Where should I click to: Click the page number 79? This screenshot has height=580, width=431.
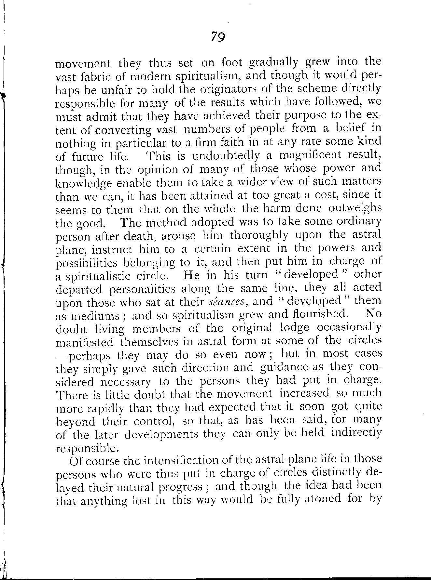[x=218, y=37]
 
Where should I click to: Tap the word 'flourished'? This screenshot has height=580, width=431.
[x=319, y=314]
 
